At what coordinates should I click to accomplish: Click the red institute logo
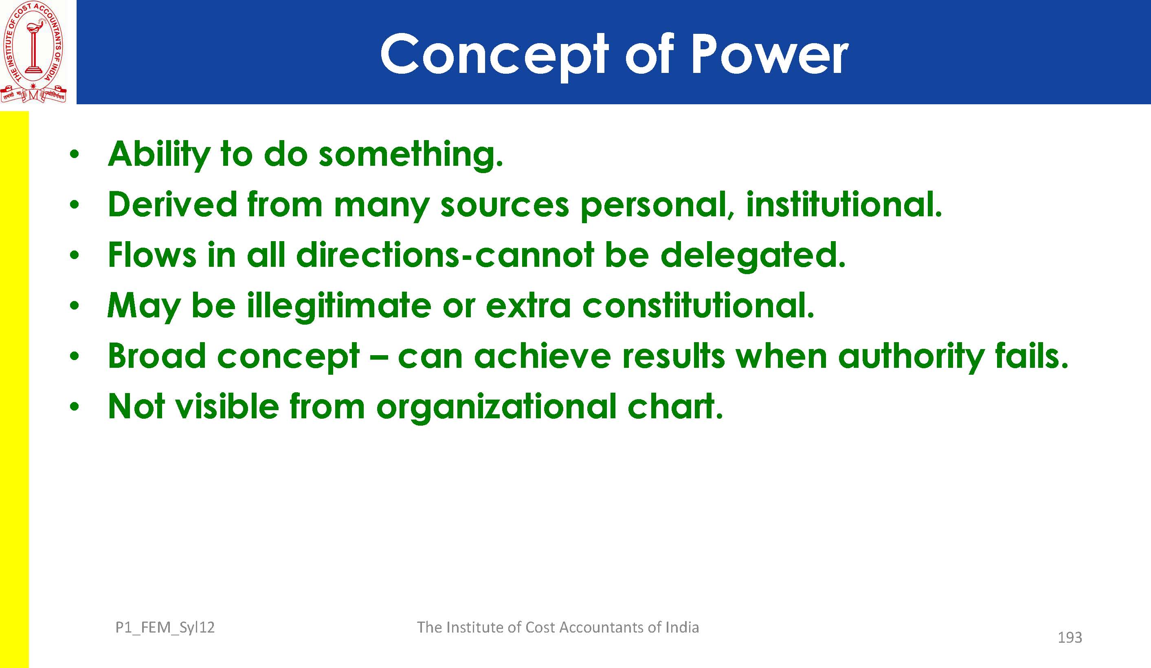pyautogui.click(x=33, y=52)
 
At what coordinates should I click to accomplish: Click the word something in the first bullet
pyautogui.click(x=411, y=154)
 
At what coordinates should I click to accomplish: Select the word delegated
pyautogui.click(x=753, y=256)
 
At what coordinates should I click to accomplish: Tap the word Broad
pyautogui.click(x=157, y=356)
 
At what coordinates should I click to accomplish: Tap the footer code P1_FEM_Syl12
pyautogui.click(x=165, y=628)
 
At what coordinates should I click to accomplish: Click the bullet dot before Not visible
pyautogui.click(x=75, y=406)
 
